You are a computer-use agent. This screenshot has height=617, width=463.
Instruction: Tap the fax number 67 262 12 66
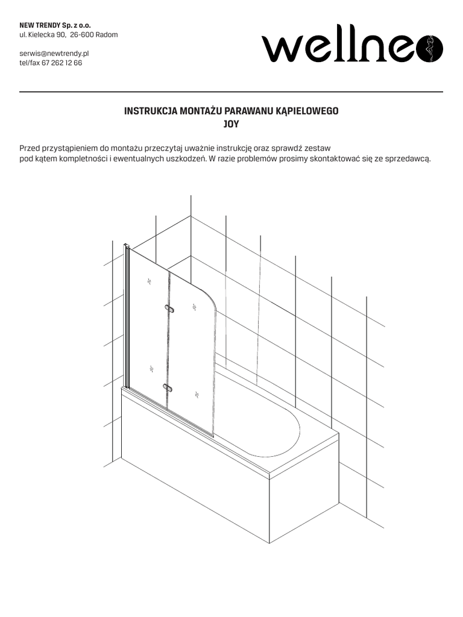pyautogui.click(x=61, y=63)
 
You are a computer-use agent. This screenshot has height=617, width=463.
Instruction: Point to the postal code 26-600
pyautogui.click(x=83, y=34)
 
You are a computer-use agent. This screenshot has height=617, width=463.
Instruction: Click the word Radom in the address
pyautogui.click(x=107, y=34)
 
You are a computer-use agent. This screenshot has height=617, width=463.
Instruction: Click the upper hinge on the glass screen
pyautogui.click(x=170, y=309)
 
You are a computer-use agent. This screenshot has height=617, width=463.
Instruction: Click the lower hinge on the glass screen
pyautogui.click(x=168, y=387)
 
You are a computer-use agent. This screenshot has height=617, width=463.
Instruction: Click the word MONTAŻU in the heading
pyautogui.click(x=201, y=111)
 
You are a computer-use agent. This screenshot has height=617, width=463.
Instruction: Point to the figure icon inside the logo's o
pyautogui.click(x=430, y=48)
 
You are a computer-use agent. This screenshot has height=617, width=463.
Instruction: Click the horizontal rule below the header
pyautogui.click(x=231, y=92)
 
